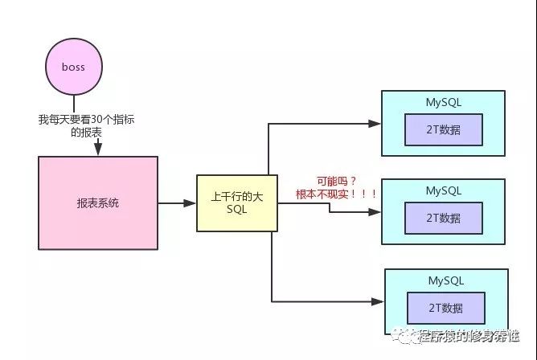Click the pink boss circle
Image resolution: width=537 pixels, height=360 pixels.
click(x=74, y=67)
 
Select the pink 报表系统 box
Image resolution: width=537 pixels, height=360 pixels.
click(x=97, y=203)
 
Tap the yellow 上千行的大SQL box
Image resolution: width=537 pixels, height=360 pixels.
click(x=237, y=203)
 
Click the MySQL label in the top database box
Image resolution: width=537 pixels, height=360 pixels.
click(x=443, y=102)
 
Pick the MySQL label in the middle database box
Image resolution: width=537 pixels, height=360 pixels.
click(x=443, y=190)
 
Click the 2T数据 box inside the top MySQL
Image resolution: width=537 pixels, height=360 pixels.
click(x=444, y=129)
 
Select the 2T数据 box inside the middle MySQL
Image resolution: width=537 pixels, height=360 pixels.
click(x=444, y=218)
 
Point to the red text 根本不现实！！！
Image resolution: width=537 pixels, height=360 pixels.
click(x=337, y=194)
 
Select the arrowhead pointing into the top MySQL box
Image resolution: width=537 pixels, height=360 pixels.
click(x=375, y=124)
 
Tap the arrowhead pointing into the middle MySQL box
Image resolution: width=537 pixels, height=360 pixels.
click(x=375, y=213)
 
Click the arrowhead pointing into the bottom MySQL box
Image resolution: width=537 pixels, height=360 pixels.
click(x=378, y=301)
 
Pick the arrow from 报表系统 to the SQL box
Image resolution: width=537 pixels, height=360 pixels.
click(x=177, y=203)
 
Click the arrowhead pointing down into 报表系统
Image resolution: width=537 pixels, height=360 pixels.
click(x=98, y=150)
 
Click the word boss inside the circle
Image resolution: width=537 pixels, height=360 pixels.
click(x=74, y=67)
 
